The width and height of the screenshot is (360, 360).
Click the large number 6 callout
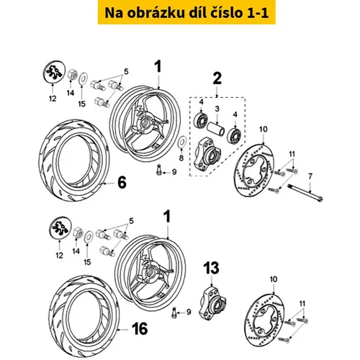(122, 184)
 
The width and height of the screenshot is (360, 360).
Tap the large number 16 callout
(140, 329)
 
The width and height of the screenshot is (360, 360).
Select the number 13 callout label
(211, 268)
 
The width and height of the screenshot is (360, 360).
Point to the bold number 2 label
(217, 78)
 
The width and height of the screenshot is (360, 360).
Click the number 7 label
(310, 176)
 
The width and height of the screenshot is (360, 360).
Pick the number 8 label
(181, 158)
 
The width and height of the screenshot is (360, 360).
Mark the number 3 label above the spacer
(217, 109)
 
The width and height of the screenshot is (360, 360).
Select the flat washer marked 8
(181, 141)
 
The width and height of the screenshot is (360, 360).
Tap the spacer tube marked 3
(216, 129)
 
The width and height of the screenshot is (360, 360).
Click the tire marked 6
(73, 161)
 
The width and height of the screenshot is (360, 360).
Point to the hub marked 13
(212, 300)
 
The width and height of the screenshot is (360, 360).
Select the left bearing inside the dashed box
(201, 120)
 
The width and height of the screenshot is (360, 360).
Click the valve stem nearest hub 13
(174, 312)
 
